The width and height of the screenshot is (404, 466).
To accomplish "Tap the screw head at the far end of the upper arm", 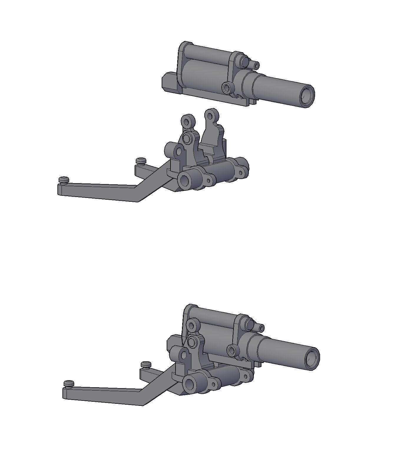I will coord(64,180).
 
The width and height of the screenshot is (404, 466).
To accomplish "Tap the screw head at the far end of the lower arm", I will coord(69,384).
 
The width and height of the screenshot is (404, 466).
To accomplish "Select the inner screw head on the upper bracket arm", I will coord(141,161).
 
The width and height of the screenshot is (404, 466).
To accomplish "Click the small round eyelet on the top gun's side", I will coord(227,88).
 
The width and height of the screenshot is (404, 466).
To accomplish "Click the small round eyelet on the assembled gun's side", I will coord(232,350).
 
